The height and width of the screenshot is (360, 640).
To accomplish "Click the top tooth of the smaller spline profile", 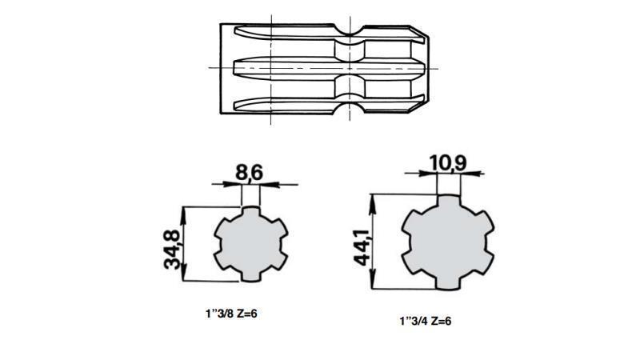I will pyautogui.click(x=252, y=212).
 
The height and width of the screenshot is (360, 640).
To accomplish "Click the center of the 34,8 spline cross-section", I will pyautogui.click(x=252, y=244).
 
